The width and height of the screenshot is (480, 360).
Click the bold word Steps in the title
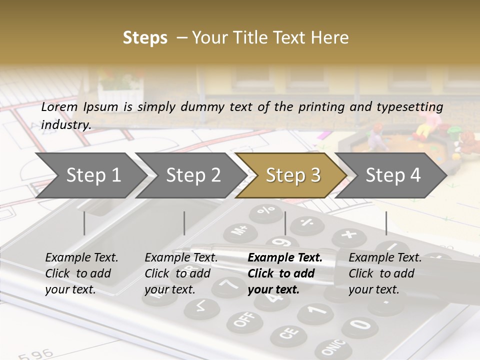pos(145,38)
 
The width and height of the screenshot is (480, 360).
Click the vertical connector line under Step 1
pos(84,223)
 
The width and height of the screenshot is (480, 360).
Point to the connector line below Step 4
pos(386,223)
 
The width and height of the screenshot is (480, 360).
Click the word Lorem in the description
pos(59,106)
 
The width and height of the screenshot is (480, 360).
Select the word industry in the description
pos(65,124)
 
